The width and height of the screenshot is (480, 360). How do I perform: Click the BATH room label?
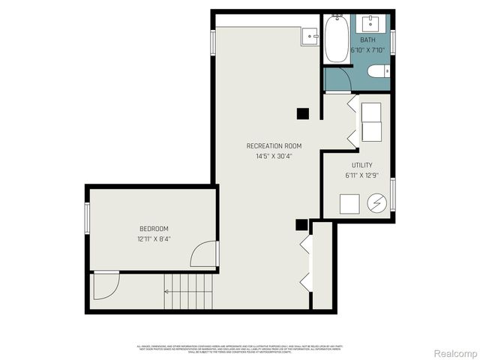tap(367, 40)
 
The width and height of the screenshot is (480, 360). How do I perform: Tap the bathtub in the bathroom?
tap(334, 40)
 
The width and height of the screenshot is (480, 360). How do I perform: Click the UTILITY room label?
tap(361, 165)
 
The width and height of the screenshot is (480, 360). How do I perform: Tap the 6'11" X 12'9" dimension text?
tap(361, 176)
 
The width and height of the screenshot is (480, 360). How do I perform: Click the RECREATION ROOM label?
tap(274, 145)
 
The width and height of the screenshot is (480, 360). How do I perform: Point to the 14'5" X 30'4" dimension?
tap(274, 157)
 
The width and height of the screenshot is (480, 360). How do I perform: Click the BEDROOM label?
tap(154, 229)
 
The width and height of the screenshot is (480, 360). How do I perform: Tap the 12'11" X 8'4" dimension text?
tap(154, 240)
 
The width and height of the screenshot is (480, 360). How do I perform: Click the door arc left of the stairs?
tap(105, 286)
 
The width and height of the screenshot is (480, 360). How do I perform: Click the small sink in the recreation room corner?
tap(309, 36)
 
